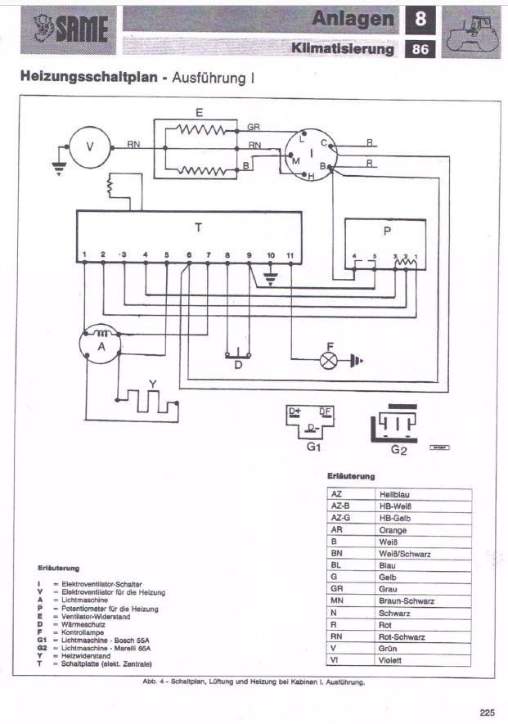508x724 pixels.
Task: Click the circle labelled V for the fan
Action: tap(91, 148)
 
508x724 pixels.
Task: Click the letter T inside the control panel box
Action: tap(198, 226)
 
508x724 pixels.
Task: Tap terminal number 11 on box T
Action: tap(290, 256)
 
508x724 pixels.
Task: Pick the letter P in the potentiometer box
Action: tap(387, 232)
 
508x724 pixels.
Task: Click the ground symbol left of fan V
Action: tap(57, 168)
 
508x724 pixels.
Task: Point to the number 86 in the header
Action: tap(421, 48)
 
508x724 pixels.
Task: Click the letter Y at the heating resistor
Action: tap(152, 383)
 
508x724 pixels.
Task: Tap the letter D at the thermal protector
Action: tap(238, 365)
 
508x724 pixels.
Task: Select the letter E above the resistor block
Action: tap(200, 112)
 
